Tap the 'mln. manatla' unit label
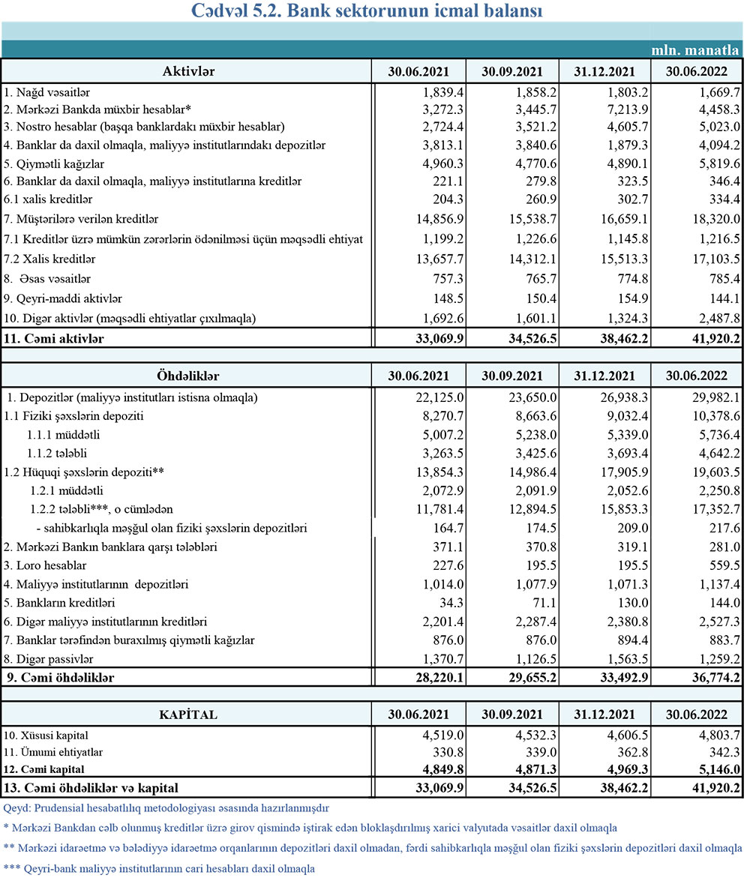tap(694, 50)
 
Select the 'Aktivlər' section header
tap(188, 72)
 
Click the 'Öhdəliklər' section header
tap(188, 376)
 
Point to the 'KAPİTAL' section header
tap(188, 715)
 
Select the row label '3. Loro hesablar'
tap(45, 565)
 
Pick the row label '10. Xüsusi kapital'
tap(50, 735)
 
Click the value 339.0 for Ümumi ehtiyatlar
tap(529, 752)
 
